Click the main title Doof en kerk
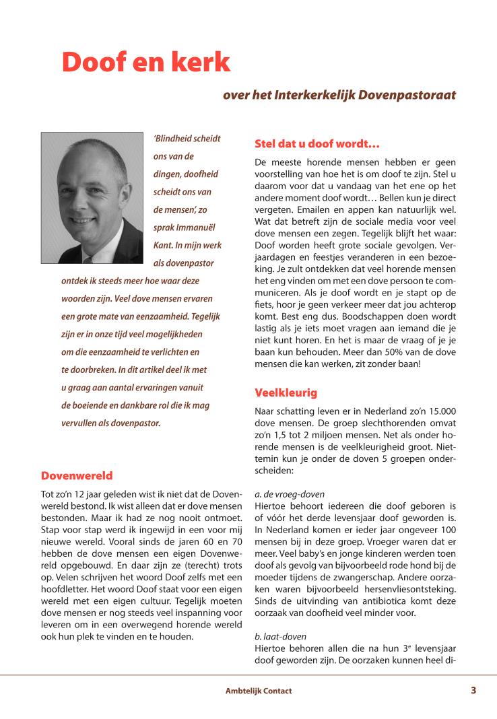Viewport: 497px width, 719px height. click(x=145, y=63)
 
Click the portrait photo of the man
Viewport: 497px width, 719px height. click(x=92, y=197)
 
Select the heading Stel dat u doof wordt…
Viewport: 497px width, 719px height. click(x=317, y=143)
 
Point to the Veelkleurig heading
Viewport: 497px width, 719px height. click(x=286, y=392)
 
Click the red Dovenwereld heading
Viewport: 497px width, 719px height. click(x=77, y=476)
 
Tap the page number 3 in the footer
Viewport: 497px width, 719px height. click(x=473, y=690)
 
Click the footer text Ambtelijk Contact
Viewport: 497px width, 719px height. click(x=259, y=691)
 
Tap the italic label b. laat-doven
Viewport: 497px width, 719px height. click(x=280, y=636)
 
